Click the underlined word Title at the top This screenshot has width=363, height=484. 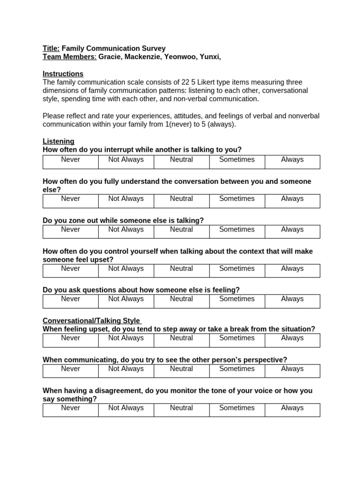click(x=51, y=48)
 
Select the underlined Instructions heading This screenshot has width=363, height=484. click(x=63, y=74)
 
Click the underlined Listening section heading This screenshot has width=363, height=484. click(x=58, y=141)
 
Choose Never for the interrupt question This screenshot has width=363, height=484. click(x=70, y=160)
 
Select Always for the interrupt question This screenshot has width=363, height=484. click(x=292, y=160)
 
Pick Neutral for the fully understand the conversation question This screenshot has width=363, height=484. click(x=181, y=199)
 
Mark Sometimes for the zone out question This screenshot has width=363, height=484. click(x=237, y=230)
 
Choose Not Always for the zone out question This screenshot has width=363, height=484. click(x=126, y=230)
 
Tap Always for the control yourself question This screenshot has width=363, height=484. click(x=292, y=268)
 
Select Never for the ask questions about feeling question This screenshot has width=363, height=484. click(x=70, y=299)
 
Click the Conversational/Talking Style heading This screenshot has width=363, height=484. click(x=91, y=321)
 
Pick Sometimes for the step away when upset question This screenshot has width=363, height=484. click(x=237, y=338)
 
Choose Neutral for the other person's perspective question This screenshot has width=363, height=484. click(x=181, y=369)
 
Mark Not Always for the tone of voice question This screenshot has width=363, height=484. click(x=126, y=408)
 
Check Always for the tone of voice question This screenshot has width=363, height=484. click(x=292, y=408)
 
